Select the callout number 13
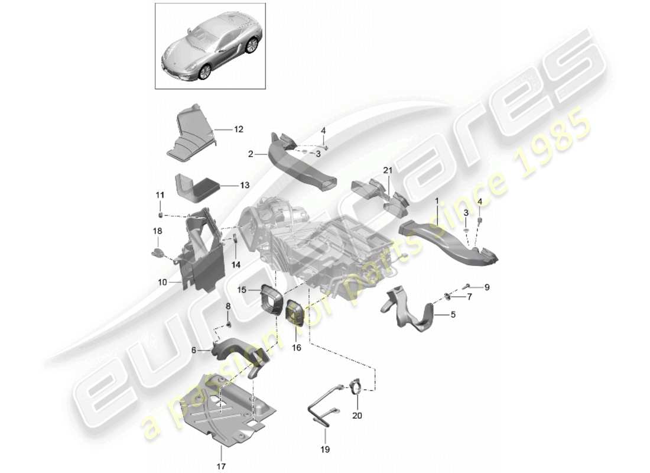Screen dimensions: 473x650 (228, 185)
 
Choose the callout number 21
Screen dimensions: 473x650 (387, 171)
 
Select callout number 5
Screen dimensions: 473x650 (453, 315)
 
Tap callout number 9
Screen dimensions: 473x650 (487, 287)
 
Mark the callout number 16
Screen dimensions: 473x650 (297, 348)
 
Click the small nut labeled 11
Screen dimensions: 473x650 (161, 212)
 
